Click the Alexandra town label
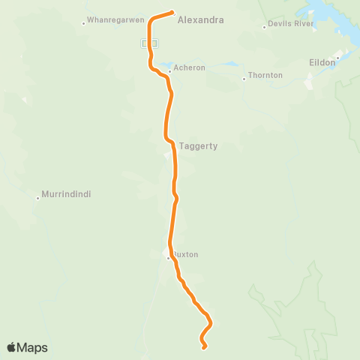[x=200, y=21]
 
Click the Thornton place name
[x=265, y=76]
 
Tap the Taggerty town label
[x=198, y=146]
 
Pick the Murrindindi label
[x=66, y=194]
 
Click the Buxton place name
[x=185, y=254]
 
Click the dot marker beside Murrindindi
[x=37, y=198]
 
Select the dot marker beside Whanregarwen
[x=83, y=23]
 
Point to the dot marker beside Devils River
[x=265, y=27]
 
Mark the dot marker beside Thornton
[x=244, y=76]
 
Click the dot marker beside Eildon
[x=338, y=57]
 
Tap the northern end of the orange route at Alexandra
[x=172, y=12]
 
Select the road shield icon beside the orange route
[x=144, y=43]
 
